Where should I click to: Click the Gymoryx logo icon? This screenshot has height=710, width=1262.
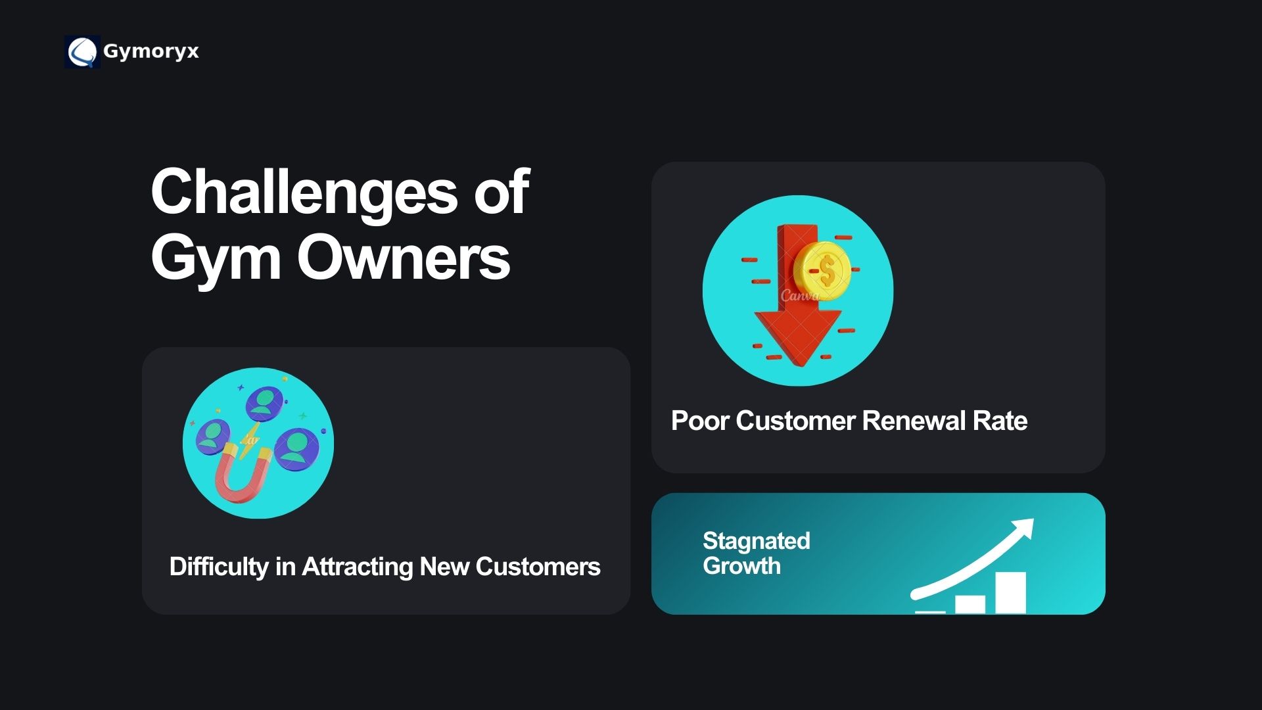[x=82, y=51]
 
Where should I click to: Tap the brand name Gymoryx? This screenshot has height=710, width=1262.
[x=151, y=52]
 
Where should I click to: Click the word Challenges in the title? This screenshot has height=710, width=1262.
[x=304, y=193]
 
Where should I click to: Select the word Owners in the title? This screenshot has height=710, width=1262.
[x=404, y=258]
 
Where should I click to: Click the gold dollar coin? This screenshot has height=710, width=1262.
[x=822, y=270]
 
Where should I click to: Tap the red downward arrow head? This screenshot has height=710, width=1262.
[x=797, y=338]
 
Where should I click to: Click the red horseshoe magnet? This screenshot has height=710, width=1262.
[x=243, y=472]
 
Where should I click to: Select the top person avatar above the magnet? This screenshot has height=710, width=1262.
[x=264, y=402]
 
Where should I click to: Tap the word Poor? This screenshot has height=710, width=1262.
[x=699, y=421]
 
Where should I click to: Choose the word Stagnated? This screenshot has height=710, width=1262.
[x=756, y=541]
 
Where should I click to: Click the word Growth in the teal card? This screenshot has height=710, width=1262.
[x=741, y=566]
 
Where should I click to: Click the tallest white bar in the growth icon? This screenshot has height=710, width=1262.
[x=1010, y=592]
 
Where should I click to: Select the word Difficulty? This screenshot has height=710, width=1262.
[x=219, y=567]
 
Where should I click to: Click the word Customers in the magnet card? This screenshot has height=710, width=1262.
[x=538, y=567]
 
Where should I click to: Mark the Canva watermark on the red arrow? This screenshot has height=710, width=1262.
[x=800, y=295]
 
